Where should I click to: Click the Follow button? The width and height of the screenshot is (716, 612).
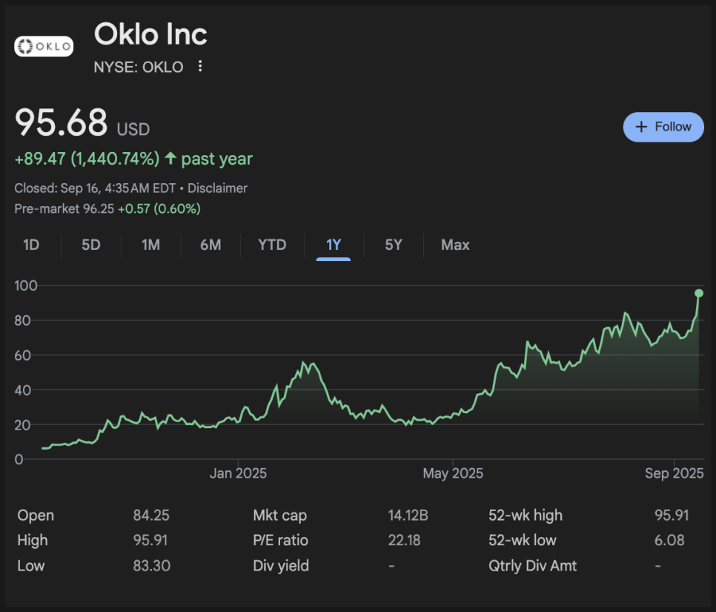[x=663, y=127]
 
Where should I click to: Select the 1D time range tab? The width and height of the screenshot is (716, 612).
[x=31, y=245]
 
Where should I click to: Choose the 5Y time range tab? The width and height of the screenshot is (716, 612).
[x=394, y=245]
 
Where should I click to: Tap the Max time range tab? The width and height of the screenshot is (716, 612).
[x=455, y=245]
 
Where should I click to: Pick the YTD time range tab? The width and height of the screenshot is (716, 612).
[x=272, y=245]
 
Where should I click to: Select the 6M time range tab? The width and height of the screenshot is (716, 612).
[x=211, y=245]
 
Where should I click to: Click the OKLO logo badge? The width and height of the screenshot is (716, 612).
[x=44, y=47]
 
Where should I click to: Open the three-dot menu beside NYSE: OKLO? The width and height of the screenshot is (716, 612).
[x=200, y=67]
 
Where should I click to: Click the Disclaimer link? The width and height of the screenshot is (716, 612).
[x=217, y=188]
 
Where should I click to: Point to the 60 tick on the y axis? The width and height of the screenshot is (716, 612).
[x=29, y=355]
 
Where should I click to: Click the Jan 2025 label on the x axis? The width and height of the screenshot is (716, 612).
[x=238, y=473]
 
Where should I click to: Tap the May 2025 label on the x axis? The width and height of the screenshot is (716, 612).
[x=452, y=473]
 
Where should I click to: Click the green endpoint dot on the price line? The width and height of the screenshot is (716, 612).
[x=698, y=293]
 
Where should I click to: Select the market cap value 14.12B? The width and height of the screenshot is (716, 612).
[x=408, y=516]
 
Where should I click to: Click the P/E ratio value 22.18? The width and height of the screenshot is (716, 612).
[x=404, y=541]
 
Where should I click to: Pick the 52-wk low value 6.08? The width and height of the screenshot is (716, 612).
[x=670, y=541]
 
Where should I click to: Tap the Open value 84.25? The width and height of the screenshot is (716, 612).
[x=151, y=516]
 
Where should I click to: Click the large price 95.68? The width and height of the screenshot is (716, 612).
[x=62, y=123]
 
